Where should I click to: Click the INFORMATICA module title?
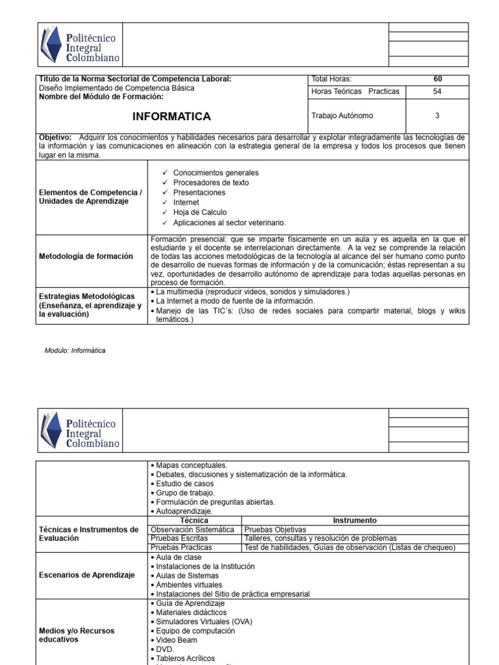[x=172, y=117]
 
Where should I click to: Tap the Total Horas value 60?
[x=437, y=79]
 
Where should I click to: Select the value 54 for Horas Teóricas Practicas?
[x=437, y=92]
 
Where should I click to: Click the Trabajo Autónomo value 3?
[x=437, y=116]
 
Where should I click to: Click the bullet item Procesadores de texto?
[x=211, y=182]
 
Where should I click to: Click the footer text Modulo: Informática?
[x=75, y=351]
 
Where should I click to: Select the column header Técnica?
[x=194, y=520]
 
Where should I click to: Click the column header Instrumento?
[x=355, y=520]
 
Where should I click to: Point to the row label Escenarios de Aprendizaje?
[x=86, y=575]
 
